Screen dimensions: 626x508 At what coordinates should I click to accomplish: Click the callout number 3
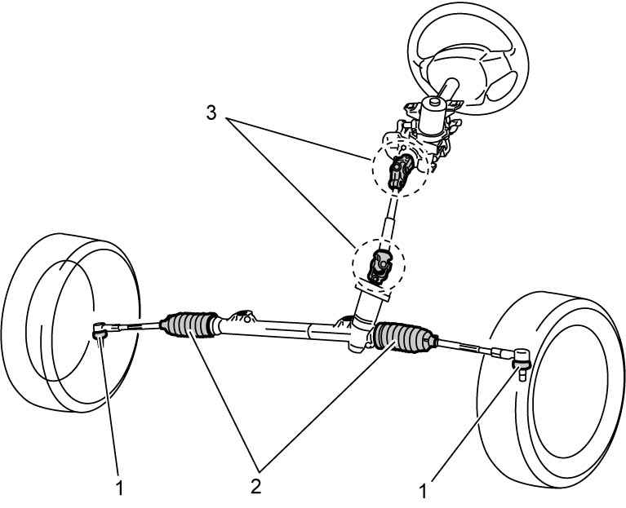tap(211, 113)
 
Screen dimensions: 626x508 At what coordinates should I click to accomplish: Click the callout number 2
tap(255, 487)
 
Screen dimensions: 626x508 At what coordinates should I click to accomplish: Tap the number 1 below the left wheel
tap(119, 488)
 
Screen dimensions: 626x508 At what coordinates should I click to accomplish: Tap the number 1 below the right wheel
tap(423, 491)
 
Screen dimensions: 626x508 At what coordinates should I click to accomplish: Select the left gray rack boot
tap(189, 325)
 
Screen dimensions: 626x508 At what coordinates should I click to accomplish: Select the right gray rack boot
tap(406, 337)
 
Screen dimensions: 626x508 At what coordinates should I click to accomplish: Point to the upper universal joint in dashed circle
tap(401, 170)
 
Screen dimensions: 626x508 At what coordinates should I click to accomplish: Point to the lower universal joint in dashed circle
tap(380, 267)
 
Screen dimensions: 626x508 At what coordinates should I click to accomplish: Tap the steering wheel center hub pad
tap(456, 70)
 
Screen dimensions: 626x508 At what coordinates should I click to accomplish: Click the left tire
tap(71, 322)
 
